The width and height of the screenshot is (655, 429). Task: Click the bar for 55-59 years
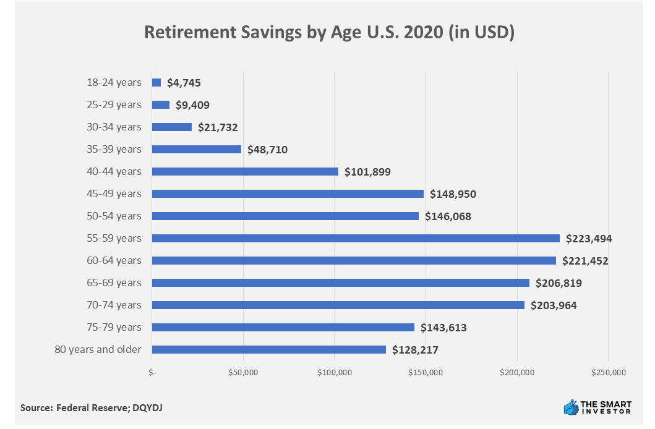(x=356, y=238)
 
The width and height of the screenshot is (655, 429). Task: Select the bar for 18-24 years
(x=156, y=82)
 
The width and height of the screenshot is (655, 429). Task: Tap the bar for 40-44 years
(x=245, y=171)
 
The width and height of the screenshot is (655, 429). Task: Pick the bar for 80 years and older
(x=269, y=349)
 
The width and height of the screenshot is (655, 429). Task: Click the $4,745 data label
(x=184, y=82)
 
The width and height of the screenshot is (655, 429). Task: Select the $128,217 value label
(x=415, y=349)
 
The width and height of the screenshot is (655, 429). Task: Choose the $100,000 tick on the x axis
(x=335, y=373)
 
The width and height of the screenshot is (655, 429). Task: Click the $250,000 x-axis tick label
(x=609, y=373)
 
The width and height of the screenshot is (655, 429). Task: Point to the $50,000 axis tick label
(x=243, y=373)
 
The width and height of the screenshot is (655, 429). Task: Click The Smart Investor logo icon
(x=570, y=407)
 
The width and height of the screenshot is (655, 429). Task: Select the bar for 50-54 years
(x=285, y=216)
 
